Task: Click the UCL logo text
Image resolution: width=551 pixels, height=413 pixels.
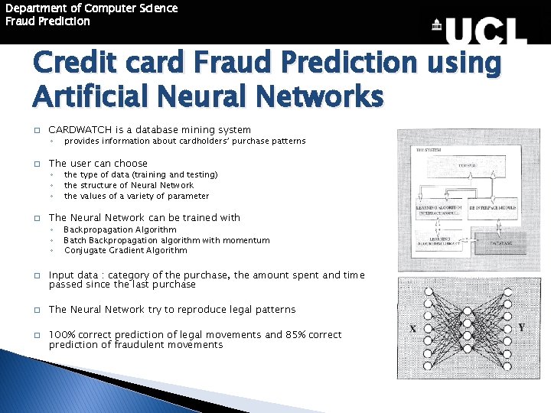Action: point(486,31)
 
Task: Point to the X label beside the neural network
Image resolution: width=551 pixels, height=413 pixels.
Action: point(412,328)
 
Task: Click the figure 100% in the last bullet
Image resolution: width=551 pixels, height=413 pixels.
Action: point(62,335)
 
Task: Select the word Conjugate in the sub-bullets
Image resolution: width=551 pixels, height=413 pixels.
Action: point(85,250)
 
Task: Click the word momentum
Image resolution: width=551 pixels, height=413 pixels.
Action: point(245,240)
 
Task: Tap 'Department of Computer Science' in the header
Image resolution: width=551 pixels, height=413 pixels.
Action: point(91,8)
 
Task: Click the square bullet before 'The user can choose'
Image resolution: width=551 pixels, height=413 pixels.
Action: point(35,164)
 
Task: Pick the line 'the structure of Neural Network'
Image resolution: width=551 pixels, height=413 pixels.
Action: point(129,185)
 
